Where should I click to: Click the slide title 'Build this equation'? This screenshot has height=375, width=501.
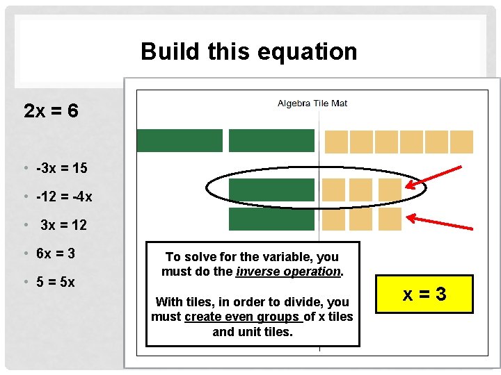point(248,51)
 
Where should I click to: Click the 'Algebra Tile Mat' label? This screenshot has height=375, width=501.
point(312,103)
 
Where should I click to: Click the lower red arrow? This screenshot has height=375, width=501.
point(434,221)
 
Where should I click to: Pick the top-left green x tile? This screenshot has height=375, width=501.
point(180,140)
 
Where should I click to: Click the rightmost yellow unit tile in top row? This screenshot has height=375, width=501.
point(461,142)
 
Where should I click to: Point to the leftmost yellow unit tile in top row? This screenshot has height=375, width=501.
point(336,142)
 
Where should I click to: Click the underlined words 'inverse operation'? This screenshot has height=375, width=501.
point(288,272)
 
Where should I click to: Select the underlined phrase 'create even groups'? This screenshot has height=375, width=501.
point(244,317)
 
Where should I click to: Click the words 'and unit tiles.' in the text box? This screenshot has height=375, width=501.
point(253,332)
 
